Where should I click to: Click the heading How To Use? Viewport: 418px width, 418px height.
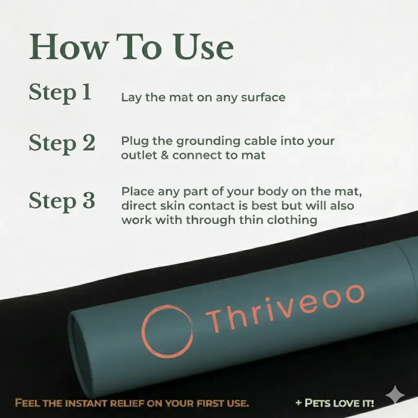tap(131, 48)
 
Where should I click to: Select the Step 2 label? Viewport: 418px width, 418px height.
tap(62, 143)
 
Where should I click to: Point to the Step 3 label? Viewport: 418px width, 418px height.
tap(62, 201)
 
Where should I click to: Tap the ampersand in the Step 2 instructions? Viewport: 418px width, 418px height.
tap(165, 156)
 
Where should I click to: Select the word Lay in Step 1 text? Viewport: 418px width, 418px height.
tap(129, 98)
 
